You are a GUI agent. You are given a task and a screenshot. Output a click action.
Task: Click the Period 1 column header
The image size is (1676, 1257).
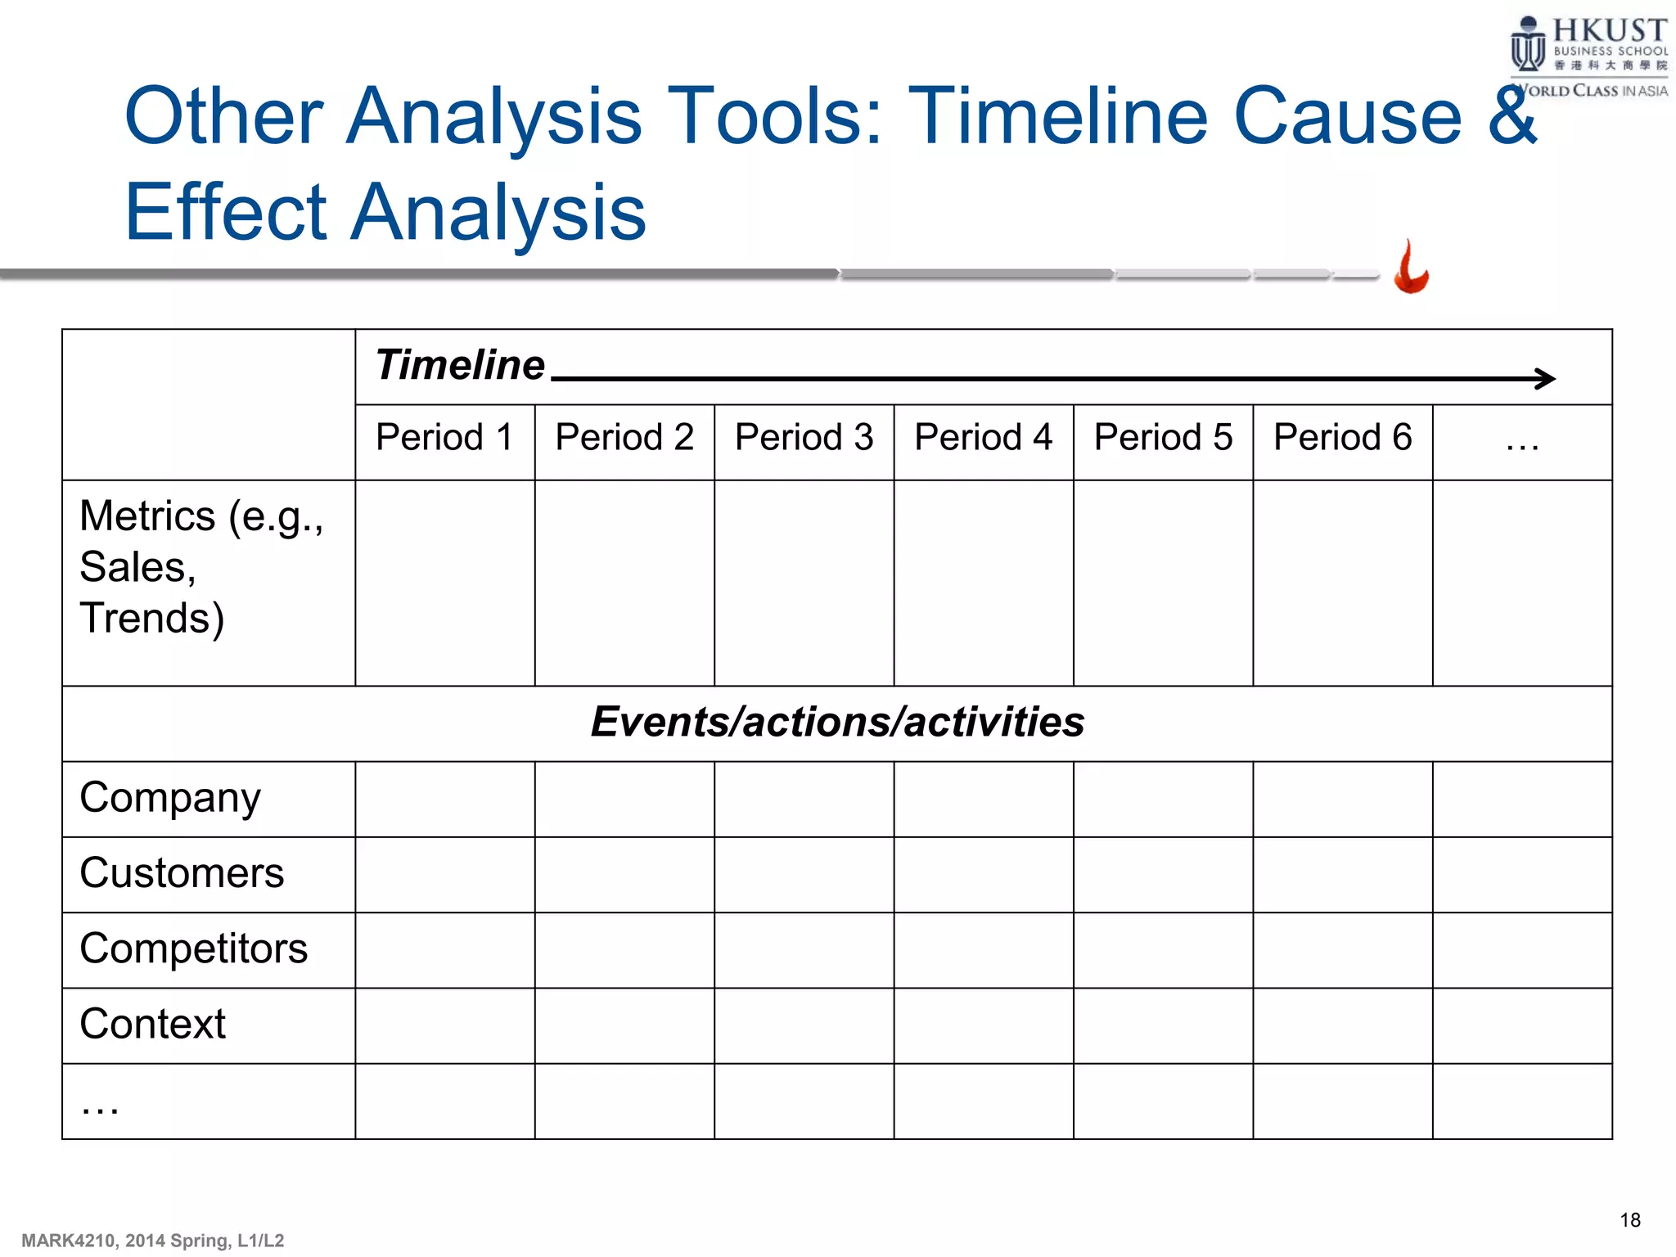point(444,438)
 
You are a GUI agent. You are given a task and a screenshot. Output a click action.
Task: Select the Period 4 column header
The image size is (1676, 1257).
point(983,438)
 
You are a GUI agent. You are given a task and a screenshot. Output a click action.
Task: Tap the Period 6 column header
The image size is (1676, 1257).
point(1342,438)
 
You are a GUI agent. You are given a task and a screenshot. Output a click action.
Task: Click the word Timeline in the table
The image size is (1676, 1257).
point(460,365)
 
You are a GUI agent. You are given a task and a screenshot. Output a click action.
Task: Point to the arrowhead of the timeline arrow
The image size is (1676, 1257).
point(1546,379)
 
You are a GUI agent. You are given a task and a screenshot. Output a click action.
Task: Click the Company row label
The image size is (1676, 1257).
point(170,798)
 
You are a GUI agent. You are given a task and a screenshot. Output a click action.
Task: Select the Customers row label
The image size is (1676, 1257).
point(182,873)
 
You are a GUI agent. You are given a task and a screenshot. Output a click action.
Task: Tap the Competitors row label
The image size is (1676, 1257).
point(193,949)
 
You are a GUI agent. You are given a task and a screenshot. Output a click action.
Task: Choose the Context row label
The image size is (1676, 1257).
point(153,1025)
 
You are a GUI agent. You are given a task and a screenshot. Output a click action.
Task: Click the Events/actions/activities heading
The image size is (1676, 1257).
point(837,723)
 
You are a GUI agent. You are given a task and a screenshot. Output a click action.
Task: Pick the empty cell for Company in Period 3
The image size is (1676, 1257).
point(804,800)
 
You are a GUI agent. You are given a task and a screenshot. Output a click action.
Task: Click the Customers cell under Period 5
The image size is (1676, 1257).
point(1163,875)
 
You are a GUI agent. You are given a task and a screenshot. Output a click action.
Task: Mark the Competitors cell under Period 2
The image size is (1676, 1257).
point(624,950)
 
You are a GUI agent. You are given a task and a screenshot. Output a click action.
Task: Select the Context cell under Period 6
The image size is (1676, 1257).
point(1342,1025)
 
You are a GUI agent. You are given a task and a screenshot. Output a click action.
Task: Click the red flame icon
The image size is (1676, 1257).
point(1411,268)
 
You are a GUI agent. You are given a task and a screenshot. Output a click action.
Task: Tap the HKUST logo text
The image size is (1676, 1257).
point(1609,31)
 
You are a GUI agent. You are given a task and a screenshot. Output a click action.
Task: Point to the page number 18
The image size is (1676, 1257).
point(1629,1221)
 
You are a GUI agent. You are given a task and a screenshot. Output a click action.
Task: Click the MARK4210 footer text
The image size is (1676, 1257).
point(152,1241)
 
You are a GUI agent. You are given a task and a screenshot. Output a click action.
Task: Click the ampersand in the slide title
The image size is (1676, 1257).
point(1512,116)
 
